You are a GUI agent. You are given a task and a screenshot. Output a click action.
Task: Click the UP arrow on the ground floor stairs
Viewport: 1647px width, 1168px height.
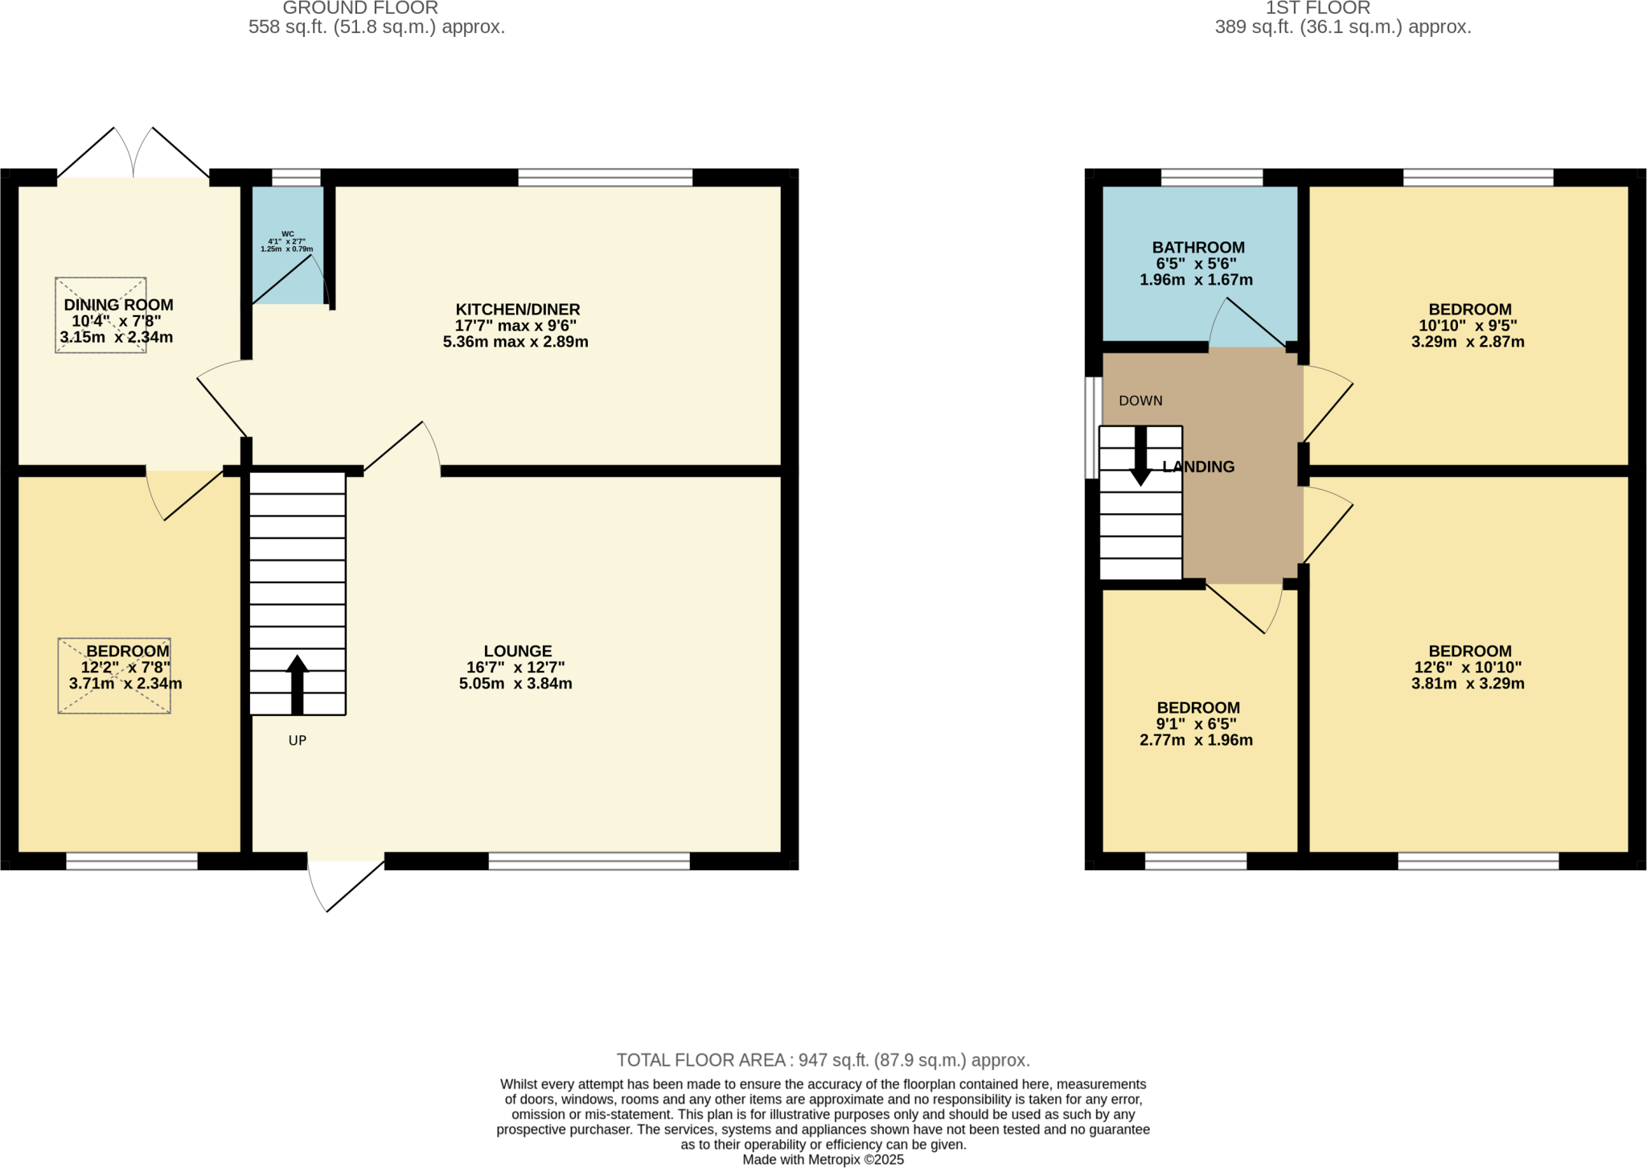(298, 685)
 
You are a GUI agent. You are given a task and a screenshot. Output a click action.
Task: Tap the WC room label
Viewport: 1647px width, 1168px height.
(288, 234)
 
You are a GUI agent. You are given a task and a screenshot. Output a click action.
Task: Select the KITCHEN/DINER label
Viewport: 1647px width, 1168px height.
(517, 310)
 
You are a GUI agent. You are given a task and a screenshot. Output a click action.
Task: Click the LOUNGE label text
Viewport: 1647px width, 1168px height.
(517, 651)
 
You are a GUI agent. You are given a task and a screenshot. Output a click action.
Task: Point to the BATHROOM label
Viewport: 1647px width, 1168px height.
(1197, 248)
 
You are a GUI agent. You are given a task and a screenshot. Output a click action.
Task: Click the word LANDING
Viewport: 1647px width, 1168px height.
(1198, 467)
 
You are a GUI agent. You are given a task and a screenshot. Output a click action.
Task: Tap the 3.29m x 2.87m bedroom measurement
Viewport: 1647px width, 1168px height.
(1468, 342)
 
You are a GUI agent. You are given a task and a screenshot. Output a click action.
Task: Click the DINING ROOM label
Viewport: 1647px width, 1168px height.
(118, 305)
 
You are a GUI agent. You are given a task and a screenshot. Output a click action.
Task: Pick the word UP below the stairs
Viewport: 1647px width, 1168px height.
(298, 741)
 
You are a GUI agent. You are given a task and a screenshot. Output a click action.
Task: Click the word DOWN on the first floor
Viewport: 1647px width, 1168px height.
(1140, 401)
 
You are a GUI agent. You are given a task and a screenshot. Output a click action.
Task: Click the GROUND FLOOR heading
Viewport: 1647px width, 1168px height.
(360, 9)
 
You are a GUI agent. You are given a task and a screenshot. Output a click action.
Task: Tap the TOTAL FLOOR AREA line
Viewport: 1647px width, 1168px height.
(823, 1060)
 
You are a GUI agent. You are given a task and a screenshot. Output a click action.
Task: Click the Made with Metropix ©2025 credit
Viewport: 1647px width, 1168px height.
(823, 1160)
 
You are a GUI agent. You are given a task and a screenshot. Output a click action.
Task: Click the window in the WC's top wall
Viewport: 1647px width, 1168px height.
(296, 178)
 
